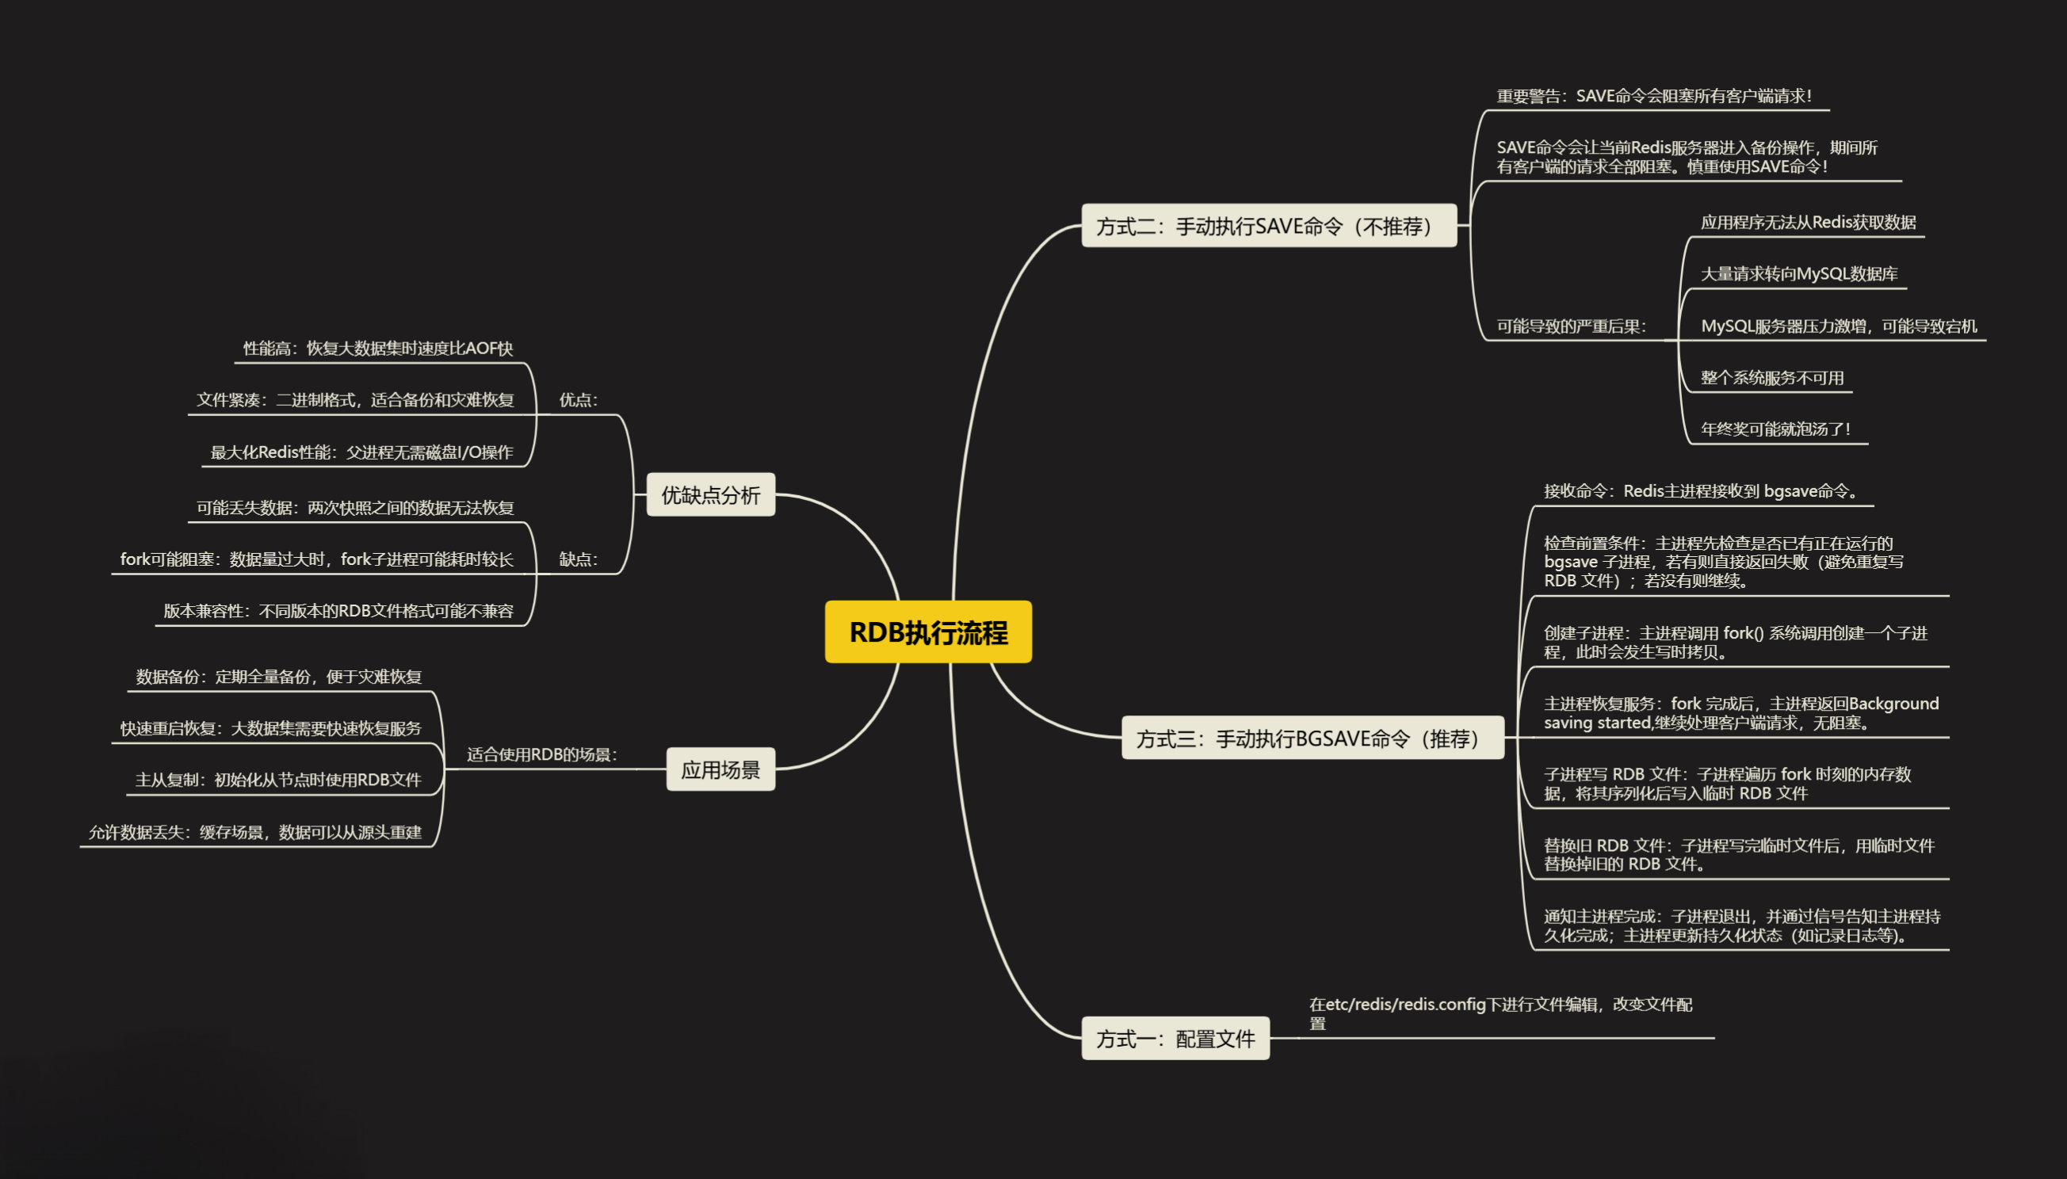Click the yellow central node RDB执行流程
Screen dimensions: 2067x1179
(x=928, y=631)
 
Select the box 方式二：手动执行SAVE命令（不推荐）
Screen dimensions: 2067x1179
(x=1268, y=226)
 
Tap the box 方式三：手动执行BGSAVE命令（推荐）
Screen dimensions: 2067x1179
(x=1312, y=738)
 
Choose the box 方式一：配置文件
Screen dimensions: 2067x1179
(x=1175, y=1038)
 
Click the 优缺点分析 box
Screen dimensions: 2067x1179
(x=710, y=494)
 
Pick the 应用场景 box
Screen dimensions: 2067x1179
(x=720, y=769)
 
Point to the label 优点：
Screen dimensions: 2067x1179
(x=579, y=400)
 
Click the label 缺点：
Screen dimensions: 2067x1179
(x=579, y=559)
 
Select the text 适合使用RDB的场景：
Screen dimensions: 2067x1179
(x=542, y=754)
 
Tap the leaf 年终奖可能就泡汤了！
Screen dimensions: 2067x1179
(x=1775, y=429)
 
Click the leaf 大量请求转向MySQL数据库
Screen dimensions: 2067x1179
(x=1799, y=273)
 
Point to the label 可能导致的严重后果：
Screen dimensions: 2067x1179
(x=1572, y=326)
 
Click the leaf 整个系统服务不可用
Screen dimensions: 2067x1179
(x=1772, y=378)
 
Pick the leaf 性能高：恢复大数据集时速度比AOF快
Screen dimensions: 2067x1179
(x=378, y=348)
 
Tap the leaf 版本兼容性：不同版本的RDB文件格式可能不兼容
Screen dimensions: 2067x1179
(x=338, y=612)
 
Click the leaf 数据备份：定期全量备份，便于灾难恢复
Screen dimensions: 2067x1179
(x=279, y=677)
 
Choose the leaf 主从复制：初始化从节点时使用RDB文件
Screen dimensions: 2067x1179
(x=278, y=780)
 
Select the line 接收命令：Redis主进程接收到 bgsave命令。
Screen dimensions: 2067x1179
(x=1702, y=491)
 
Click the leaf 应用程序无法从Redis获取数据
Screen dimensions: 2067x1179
(x=1808, y=223)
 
